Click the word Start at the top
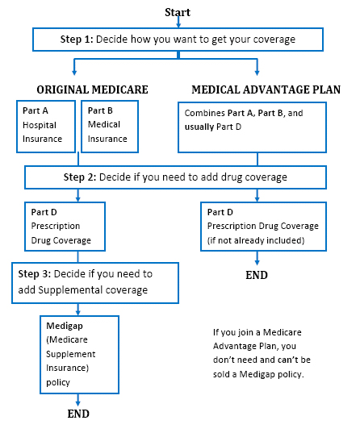(178, 12)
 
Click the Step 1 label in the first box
(77, 40)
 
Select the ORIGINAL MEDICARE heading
(92, 89)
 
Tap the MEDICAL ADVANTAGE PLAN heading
(266, 89)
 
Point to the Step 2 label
(80, 177)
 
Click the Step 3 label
(35, 274)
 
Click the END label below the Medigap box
(78, 414)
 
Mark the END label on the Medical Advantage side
(257, 275)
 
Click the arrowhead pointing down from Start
(178, 25)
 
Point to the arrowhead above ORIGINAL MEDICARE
(74, 73)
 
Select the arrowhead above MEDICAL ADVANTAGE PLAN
(257, 73)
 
